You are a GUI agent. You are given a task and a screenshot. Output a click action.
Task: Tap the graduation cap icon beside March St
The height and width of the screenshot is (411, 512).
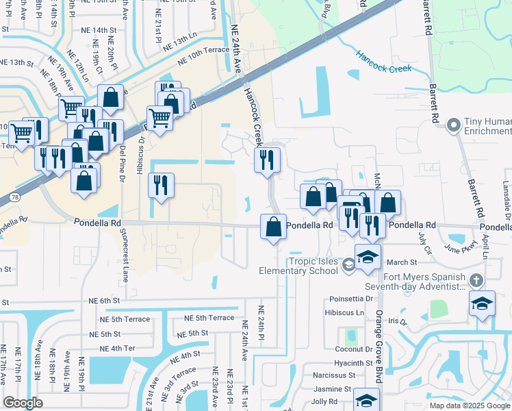pos(368,257)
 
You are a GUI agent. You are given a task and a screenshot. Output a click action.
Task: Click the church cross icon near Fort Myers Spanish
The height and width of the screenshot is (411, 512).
pos(477,280)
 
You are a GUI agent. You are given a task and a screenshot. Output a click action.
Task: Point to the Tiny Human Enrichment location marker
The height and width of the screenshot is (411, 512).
pos(452,125)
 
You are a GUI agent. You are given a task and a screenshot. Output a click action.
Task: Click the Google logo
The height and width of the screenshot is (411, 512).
pos(23,403)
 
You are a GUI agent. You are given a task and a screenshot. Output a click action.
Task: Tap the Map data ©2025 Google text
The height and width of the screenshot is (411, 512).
pos(470,406)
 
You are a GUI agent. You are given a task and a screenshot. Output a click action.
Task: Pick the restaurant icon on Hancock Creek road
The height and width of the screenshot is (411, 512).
pos(267,160)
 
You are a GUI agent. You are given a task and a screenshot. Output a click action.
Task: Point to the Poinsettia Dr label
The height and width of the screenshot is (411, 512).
pos(350,299)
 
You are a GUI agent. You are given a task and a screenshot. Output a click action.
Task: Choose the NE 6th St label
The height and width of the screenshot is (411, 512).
pos(104,300)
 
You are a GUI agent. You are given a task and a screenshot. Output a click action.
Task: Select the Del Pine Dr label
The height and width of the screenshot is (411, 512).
pos(123,162)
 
